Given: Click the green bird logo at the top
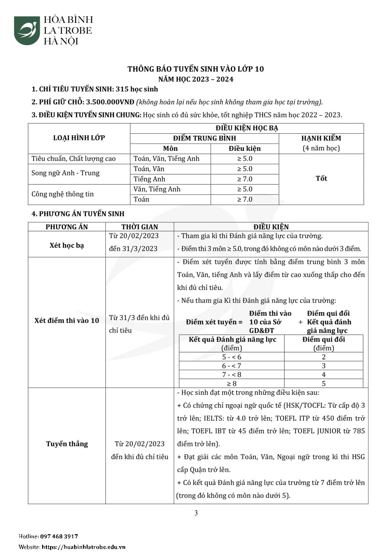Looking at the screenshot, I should pos(27,30).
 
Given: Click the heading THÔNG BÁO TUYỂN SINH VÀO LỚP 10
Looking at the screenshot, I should pos(196,69).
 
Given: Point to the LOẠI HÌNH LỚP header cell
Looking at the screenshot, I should pos(79,138).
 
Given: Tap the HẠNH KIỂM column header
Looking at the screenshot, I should pos(321,139).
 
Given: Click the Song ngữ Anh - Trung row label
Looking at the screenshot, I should pos(65,173).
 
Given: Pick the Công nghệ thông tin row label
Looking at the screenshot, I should pos(63,194).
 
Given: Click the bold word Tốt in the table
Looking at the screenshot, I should pos(321,178).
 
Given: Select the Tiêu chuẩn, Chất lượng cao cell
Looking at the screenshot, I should pos(73,159).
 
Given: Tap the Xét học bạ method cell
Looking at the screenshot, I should pos(67,245).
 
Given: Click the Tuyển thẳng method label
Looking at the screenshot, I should pos(67,444).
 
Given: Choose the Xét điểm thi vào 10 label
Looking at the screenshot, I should pos(67,321).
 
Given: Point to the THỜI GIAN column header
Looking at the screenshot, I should pos(140,227).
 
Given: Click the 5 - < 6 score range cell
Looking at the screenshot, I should pos(232,357).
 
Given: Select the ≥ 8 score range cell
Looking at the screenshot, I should pos(232,384).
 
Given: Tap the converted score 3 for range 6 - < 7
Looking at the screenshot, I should pos(323,366).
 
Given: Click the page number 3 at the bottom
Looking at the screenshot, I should pos(196,513).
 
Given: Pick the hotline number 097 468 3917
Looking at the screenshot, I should pos(59,537).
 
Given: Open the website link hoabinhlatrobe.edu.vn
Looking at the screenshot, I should pos(84,547).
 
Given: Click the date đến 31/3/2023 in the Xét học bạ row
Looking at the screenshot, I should pos(133,249).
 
